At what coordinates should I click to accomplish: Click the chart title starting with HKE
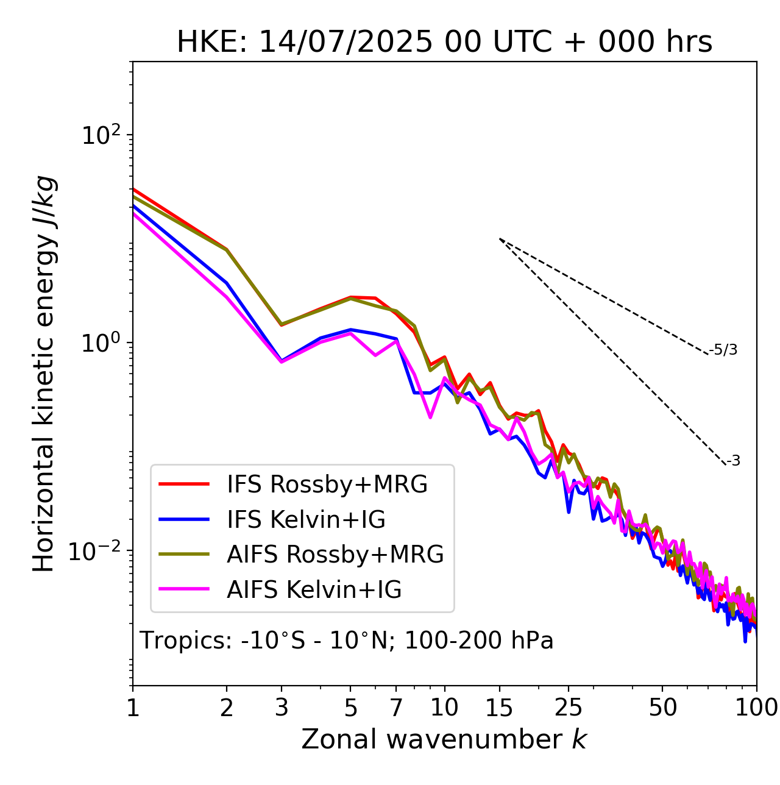click(444, 43)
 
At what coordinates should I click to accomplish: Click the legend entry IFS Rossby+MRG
click(327, 485)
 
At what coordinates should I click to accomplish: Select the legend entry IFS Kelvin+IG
click(306, 520)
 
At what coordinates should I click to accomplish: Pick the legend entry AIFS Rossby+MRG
click(335, 555)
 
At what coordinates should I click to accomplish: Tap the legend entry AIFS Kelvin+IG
click(314, 590)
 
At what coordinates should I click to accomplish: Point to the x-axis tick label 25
click(568, 708)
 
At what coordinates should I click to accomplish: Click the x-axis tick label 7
click(396, 708)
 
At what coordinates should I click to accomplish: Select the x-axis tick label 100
click(756, 708)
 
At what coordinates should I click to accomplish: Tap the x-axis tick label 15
click(499, 708)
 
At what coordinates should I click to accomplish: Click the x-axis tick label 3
click(282, 708)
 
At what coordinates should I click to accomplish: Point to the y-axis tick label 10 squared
click(100, 135)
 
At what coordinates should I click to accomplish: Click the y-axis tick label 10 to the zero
click(100, 343)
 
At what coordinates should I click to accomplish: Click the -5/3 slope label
click(723, 350)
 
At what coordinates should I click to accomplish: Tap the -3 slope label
click(733, 461)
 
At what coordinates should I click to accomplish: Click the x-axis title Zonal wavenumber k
click(444, 739)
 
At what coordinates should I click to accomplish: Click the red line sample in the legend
click(184, 485)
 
